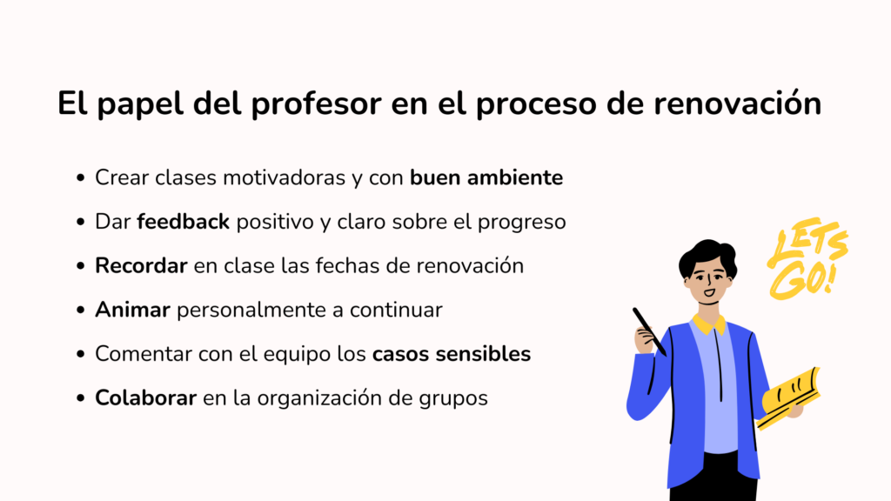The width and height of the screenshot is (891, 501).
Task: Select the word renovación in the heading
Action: click(x=737, y=104)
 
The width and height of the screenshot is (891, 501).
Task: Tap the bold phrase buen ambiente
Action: click(x=486, y=177)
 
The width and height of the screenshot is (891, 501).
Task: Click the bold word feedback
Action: click(x=183, y=222)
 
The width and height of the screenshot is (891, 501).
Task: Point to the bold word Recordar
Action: click(x=141, y=266)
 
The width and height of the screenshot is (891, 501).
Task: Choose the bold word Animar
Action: click(x=132, y=310)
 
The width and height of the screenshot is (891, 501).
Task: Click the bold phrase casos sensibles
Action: click(x=452, y=354)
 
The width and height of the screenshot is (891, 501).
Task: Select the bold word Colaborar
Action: click(x=145, y=397)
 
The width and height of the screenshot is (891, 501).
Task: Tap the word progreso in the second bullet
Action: click(x=522, y=223)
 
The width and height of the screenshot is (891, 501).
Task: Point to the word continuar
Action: click(x=396, y=311)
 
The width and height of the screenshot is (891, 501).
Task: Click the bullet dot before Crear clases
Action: click(x=80, y=177)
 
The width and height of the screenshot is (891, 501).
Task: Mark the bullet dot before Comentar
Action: click(x=80, y=354)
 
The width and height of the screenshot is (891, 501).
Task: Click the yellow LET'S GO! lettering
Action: click(x=807, y=259)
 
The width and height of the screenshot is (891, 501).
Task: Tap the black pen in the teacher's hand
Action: click(x=649, y=331)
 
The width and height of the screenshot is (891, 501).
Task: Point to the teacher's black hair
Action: click(x=707, y=255)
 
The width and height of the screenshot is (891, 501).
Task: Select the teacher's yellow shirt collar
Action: click(x=709, y=324)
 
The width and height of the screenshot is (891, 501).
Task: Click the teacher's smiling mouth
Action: click(x=709, y=293)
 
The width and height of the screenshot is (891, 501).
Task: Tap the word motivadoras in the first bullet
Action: click(x=285, y=177)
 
